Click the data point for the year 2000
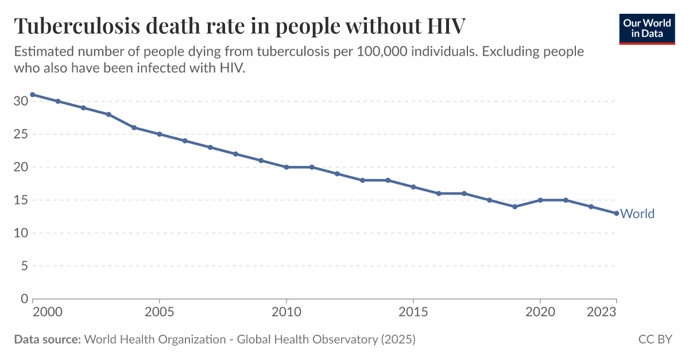pos(33,95)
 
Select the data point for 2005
pos(160,134)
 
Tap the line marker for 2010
pos(287,167)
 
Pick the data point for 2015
pos(413,187)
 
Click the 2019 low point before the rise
pos(515,207)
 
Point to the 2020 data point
pos(540,200)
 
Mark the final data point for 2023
pos(617,214)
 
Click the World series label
pos(637,214)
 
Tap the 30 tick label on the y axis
pos(21,102)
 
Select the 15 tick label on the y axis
pos(21,200)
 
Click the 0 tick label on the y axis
pos(24,299)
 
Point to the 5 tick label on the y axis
pos(24,266)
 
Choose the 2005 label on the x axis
pos(160,312)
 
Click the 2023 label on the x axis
pos(602,312)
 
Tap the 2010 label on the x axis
pos(287,312)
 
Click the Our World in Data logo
pos(647,27)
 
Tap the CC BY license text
pos(655,339)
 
